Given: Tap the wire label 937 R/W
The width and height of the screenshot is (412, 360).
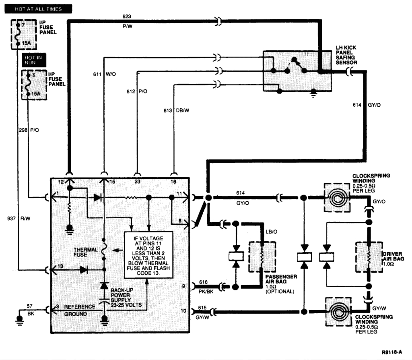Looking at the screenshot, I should coord(19,218).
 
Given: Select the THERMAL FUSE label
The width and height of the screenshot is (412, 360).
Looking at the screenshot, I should coord(86,252).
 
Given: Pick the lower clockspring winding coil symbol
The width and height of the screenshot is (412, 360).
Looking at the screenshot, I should coord(336,311).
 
